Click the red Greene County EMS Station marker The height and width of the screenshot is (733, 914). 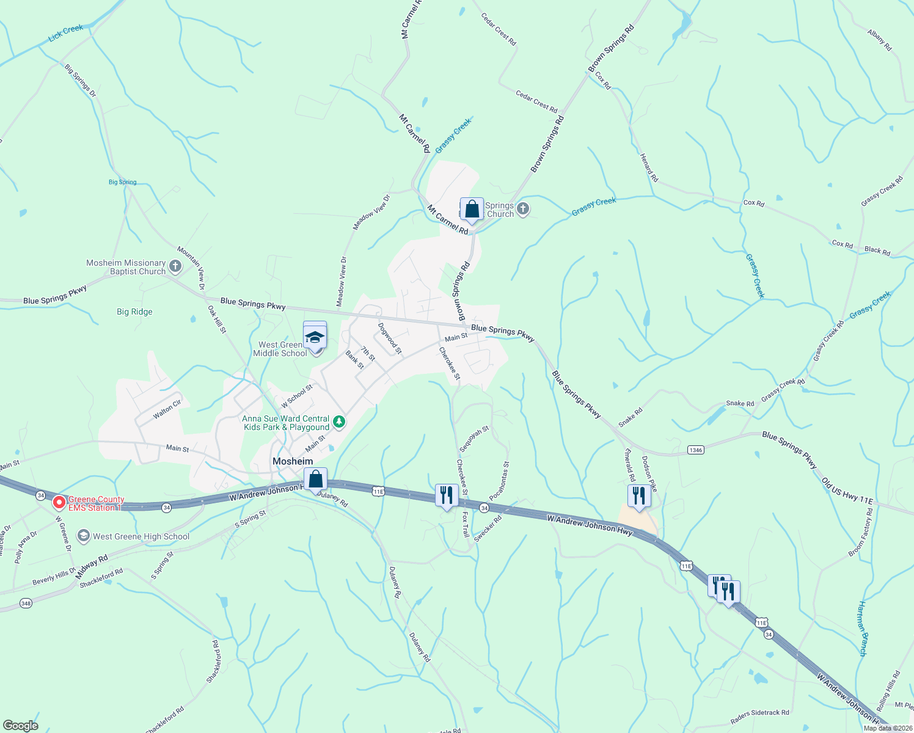[59, 503]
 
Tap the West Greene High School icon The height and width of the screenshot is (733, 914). [83, 536]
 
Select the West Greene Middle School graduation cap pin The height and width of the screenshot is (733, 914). [315, 338]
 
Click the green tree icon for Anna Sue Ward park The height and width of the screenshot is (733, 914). [339, 422]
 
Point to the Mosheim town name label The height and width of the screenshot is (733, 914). [293, 461]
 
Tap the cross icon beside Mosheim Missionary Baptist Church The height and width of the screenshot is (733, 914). [175, 266]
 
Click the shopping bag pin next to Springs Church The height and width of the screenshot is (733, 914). [472, 210]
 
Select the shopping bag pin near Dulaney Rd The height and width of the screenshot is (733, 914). [315, 480]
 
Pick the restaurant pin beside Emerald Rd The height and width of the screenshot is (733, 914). [638, 496]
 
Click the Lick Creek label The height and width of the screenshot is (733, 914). [65, 33]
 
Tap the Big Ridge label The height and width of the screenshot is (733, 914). [134, 312]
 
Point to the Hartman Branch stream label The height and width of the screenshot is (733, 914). [861, 629]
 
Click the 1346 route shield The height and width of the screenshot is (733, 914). [695, 450]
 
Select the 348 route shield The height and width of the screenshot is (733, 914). [26, 604]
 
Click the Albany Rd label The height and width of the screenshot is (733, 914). [880, 39]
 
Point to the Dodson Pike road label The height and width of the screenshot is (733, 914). [649, 473]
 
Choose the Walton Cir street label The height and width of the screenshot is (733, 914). [167, 409]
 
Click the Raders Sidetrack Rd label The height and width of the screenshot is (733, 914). [759, 713]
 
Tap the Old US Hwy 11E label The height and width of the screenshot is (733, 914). [847, 492]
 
